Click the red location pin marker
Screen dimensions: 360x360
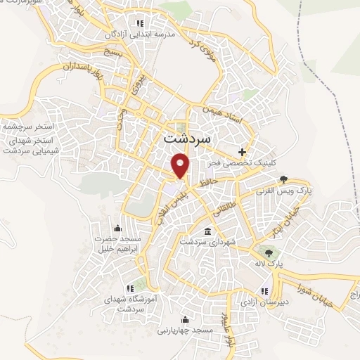point(181,167)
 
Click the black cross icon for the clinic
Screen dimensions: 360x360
point(243,151)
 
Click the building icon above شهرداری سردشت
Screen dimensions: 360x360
point(207,231)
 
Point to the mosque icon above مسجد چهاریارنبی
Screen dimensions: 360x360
point(187,318)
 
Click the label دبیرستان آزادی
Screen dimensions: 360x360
point(264,302)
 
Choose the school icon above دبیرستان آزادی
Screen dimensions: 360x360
point(264,290)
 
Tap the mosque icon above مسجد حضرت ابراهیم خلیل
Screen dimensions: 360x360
point(117,228)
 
